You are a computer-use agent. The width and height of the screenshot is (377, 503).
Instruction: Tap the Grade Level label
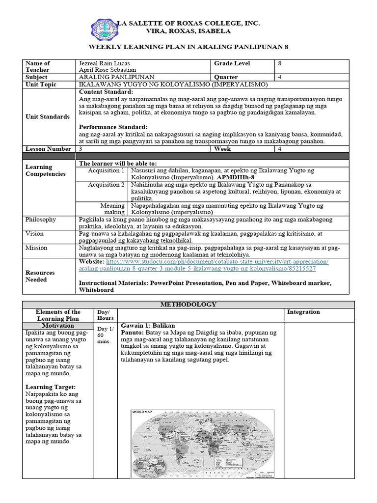[232, 63]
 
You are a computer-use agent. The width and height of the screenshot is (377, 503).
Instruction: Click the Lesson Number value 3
[81, 148]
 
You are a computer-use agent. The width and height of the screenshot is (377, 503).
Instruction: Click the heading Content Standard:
[106, 92]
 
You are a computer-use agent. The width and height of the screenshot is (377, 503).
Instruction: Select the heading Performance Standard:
[113, 127]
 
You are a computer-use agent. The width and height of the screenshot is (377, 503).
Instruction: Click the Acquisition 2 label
[106, 185]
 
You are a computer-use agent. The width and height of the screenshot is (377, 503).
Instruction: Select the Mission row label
[36, 248]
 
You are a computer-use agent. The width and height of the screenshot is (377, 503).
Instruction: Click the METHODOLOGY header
[188, 305]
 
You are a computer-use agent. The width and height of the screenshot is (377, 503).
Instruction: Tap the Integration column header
[303, 312]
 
